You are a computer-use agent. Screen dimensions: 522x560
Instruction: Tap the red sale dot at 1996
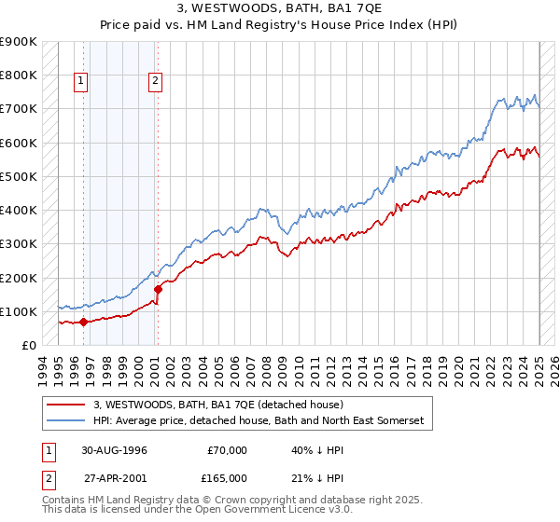pos(83,322)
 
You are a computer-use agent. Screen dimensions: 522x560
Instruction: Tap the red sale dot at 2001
pos(158,289)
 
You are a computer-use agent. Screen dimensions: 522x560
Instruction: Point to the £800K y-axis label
pos(19,76)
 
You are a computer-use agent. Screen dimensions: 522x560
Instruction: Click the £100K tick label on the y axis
pos(19,311)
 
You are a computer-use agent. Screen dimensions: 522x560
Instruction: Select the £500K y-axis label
pos(19,176)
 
